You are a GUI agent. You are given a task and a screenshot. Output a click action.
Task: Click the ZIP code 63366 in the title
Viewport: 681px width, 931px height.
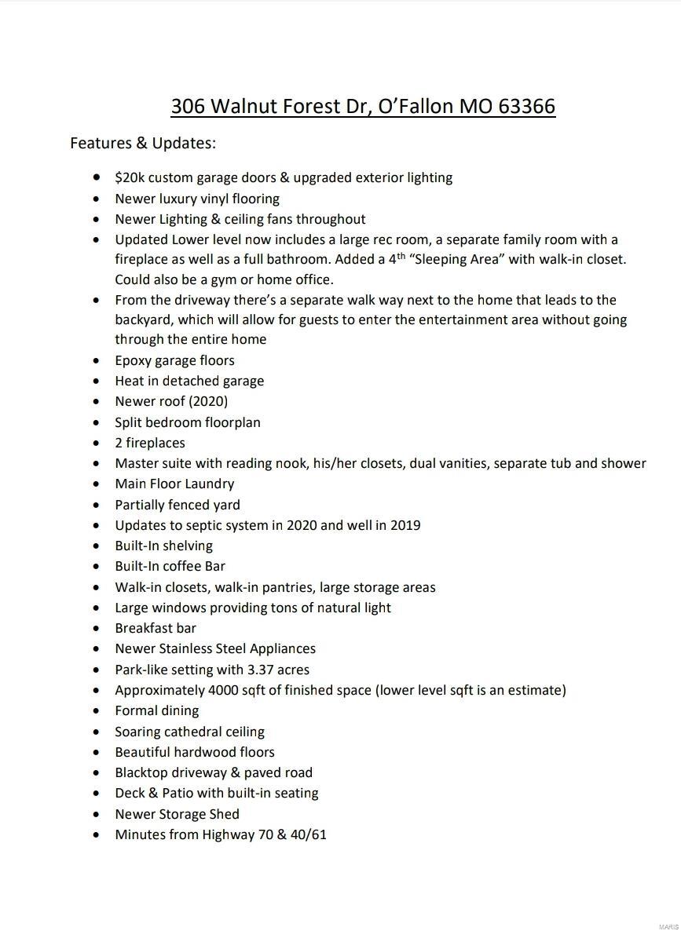click(x=526, y=106)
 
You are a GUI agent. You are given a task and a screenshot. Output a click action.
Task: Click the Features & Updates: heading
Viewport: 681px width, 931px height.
click(x=143, y=143)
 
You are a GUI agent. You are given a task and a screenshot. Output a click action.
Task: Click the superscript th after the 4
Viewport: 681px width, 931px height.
click(x=401, y=256)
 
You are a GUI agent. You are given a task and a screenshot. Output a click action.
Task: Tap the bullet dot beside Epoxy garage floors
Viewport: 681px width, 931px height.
click(x=97, y=360)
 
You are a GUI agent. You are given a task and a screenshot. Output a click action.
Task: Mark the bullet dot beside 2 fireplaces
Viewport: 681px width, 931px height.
click(x=97, y=443)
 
